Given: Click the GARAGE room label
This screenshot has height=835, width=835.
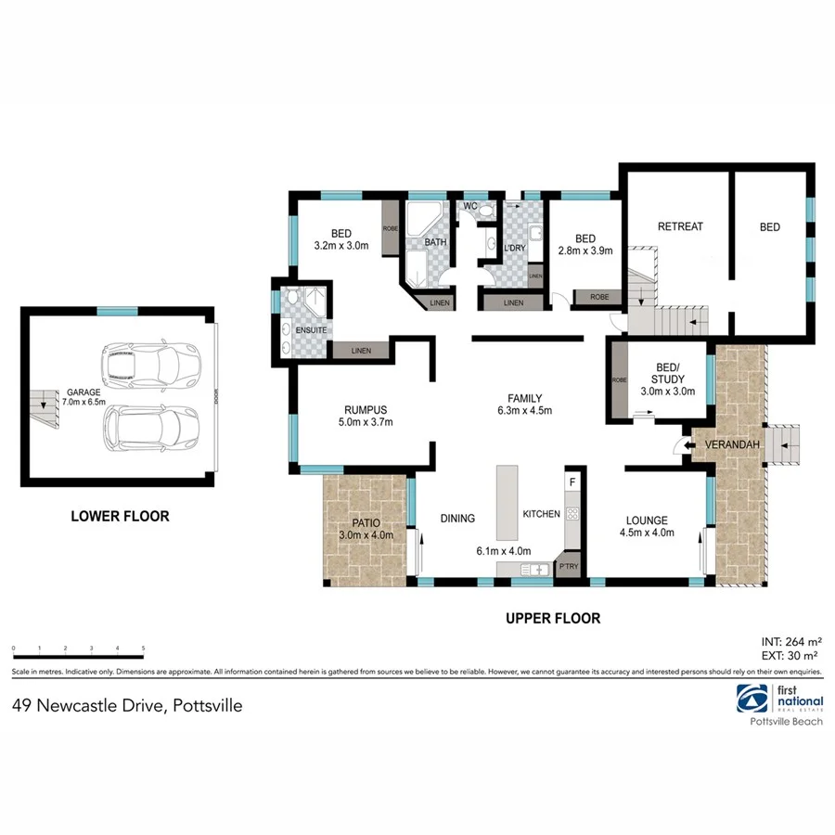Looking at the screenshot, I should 83,393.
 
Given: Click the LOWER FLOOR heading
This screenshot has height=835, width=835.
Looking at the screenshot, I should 120,516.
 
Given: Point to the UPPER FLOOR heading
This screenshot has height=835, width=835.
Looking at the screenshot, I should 553,618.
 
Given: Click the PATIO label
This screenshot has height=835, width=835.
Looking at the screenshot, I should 366,522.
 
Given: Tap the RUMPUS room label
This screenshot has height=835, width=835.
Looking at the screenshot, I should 365,409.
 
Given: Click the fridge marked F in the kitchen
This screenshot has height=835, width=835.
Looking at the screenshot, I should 572,482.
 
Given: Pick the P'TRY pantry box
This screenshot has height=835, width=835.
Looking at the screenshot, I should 566,567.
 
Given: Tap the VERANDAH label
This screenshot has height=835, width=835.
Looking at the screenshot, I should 732,445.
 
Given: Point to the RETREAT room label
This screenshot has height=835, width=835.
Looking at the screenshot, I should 680,226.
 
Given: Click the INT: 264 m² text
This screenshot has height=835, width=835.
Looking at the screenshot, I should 790,641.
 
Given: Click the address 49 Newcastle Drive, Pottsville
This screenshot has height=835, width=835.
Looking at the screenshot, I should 128,705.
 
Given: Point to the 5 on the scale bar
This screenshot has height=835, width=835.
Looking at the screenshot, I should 143,648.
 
